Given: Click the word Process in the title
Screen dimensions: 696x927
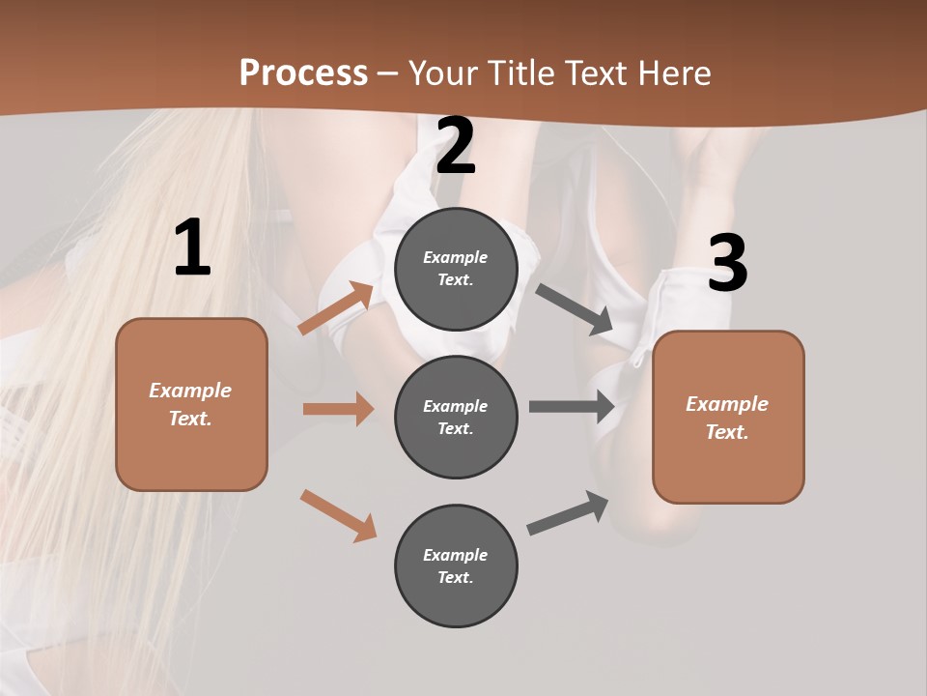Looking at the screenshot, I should [303, 72].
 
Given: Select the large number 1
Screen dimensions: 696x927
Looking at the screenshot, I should [192, 249].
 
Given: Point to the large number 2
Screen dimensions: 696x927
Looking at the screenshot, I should [455, 146].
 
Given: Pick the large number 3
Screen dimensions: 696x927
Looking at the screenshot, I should [727, 264].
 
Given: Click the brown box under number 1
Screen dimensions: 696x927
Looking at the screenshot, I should [191, 404].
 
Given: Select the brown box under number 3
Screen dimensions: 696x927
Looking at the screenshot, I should [728, 418].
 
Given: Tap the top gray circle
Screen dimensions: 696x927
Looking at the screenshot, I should [456, 269].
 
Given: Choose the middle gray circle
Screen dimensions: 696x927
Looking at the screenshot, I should [456, 418].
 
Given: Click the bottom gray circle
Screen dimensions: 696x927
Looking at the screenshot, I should [456, 566].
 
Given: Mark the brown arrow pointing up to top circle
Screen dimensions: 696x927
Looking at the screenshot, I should [335, 308].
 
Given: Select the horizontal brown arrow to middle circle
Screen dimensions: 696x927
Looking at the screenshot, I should [338, 409].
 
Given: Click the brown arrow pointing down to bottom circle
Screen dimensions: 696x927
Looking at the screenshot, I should [338, 514].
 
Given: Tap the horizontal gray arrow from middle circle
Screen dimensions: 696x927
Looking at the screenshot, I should [572, 406].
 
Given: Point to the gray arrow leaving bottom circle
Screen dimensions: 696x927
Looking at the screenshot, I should [568, 513].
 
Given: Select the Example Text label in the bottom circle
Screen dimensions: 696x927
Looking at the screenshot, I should [456, 566].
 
